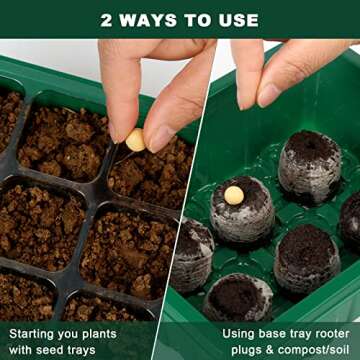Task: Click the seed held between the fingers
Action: click(135, 140)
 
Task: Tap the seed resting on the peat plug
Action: click(233, 195)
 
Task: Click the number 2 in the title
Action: click(107, 20)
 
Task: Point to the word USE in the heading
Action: click(237, 20)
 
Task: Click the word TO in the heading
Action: click(199, 20)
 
